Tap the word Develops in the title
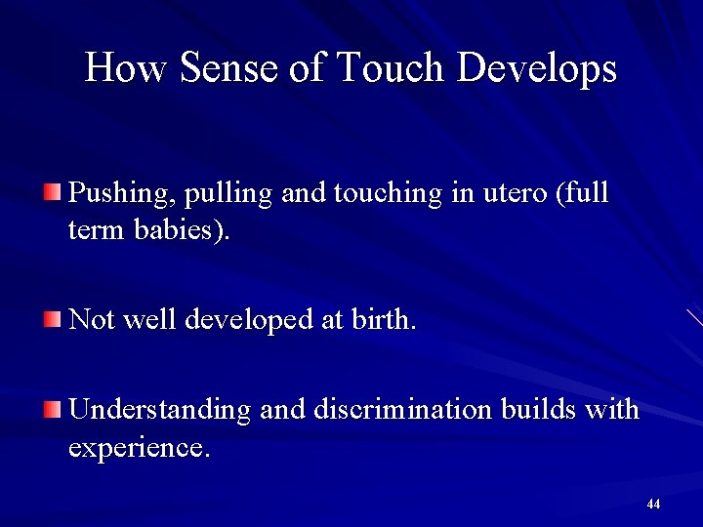[x=537, y=68]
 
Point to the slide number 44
[x=653, y=505]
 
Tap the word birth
[x=381, y=320]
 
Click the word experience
[x=138, y=449]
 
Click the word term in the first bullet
[x=92, y=232]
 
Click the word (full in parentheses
[x=582, y=193]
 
